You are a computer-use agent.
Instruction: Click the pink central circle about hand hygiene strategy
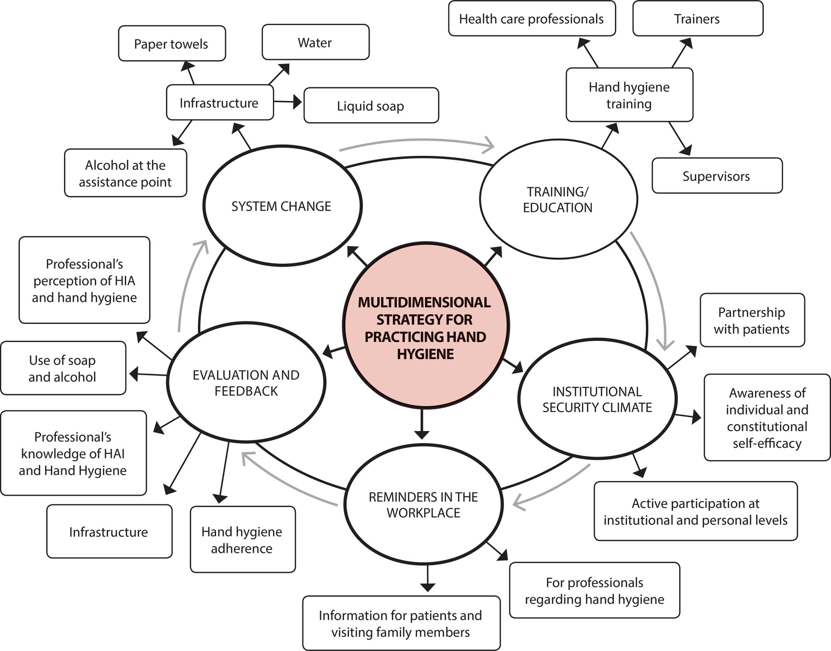pos(425,325)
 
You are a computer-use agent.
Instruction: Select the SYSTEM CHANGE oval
pos(282,205)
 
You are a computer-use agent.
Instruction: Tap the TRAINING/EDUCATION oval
pos(558,199)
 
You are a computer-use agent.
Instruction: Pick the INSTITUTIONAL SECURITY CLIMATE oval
pos(597,399)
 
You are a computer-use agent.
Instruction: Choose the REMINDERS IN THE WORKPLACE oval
pos(423,504)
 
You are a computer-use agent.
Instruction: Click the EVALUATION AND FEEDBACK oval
pos(246,382)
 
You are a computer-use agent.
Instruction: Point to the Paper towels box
pos(172,44)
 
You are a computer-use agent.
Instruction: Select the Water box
pos(315,42)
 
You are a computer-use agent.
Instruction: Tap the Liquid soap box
pos(371,106)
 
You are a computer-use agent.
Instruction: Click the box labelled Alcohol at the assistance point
pos(125,173)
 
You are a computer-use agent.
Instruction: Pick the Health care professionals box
pos(531,19)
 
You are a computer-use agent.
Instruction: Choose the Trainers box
pos(698,19)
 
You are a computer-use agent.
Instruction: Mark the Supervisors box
pos(717,176)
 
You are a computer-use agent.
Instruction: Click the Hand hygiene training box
pos(629,95)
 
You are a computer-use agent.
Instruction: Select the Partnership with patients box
pos(752,321)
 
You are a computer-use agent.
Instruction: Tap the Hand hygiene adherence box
pos(243,540)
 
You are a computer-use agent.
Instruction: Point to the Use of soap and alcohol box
pos(63,368)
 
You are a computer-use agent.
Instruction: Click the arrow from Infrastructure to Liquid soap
pos(288,102)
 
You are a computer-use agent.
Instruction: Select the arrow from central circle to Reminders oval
pos(422,424)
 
